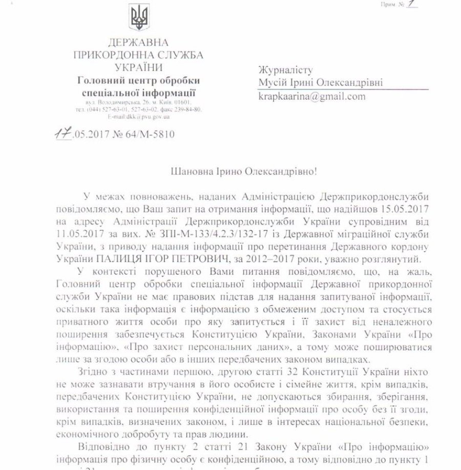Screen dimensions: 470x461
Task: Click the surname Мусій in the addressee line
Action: point(271,82)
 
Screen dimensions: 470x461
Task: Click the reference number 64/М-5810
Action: point(153,135)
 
